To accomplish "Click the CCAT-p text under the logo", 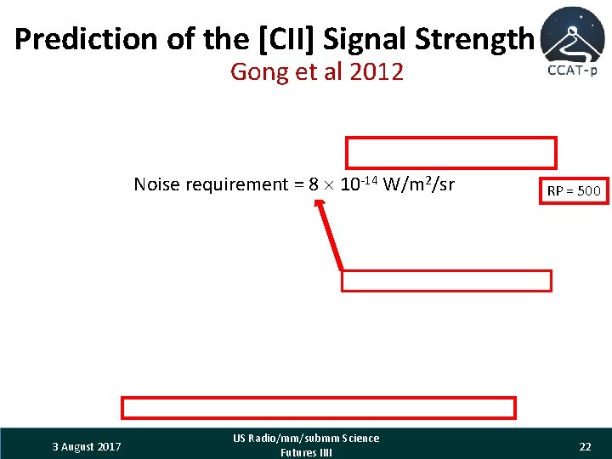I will (572, 71).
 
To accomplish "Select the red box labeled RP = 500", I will (573, 190).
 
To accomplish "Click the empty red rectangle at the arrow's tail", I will (446, 280).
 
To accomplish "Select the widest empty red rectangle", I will (319, 408).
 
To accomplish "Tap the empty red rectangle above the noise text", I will (450, 153).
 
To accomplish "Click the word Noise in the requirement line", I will (156, 184).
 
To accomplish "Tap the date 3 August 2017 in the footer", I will (86, 446).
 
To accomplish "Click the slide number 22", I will (585, 446).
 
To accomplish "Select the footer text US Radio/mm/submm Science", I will (306, 439).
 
